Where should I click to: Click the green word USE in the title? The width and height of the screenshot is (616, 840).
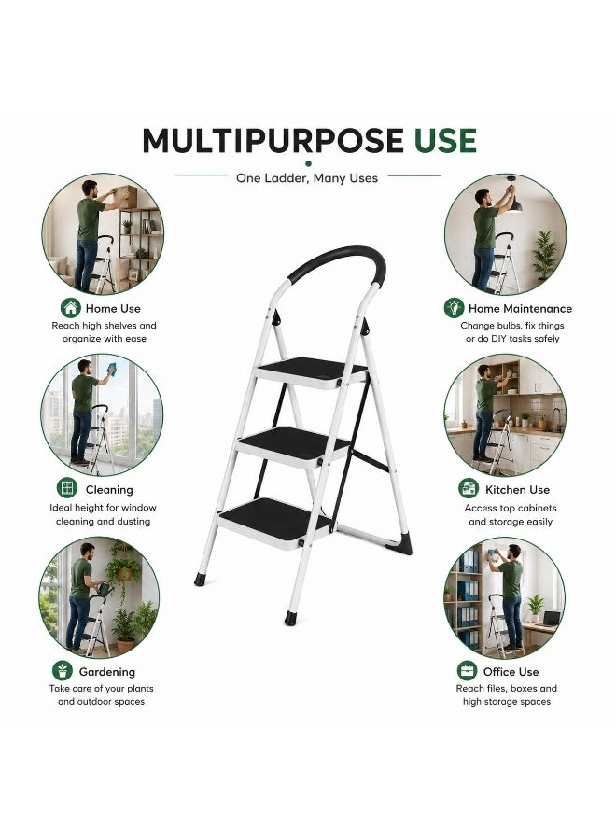pos(444,141)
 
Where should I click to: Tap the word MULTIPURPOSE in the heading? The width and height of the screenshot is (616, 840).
pos(273,141)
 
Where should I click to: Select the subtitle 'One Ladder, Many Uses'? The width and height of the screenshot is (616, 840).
pos(307,178)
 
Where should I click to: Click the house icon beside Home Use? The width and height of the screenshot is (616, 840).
pos(71,308)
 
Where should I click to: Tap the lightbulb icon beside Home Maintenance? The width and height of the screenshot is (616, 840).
pos(454,308)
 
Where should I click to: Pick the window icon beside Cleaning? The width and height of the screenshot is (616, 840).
pos(67,488)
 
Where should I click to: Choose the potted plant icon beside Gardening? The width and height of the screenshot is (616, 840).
pos(63,671)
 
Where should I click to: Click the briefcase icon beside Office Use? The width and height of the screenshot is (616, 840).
pos(467,671)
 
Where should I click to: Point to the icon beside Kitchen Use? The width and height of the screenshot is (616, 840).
pos(469,488)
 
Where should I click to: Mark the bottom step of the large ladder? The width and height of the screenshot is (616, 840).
pos(274,521)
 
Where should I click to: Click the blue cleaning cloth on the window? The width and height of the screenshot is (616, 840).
pos(112,369)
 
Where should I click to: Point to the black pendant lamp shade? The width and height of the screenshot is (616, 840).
pos(513,205)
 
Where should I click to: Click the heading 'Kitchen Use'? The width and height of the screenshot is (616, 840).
pos(517,490)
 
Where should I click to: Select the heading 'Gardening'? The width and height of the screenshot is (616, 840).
pos(107,672)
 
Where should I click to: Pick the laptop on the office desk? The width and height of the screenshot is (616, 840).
pos(549,619)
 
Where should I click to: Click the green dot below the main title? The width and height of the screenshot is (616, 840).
pos(308,163)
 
